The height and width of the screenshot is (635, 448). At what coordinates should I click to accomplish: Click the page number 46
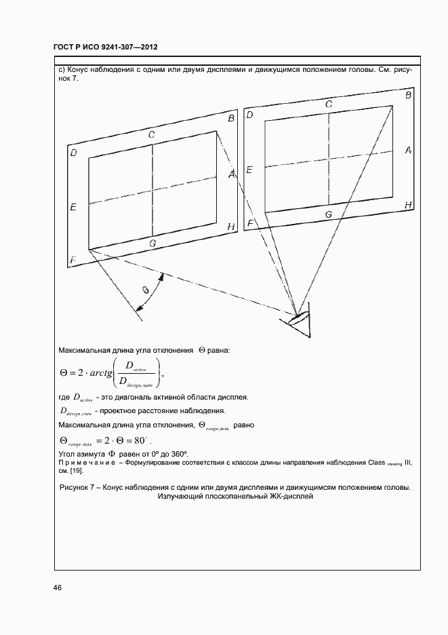pyautogui.click(x=58, y=588)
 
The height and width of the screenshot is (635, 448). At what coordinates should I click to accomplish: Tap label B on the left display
pyautogui.click(x=231, y=119)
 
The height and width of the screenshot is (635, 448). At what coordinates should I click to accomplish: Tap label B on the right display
pyautogui.click(x=408, y=96)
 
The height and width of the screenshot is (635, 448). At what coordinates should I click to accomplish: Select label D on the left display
pyautogui.click(x=73, y=153)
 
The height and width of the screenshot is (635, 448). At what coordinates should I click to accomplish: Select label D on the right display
pyautogui.click(x=249, y=115)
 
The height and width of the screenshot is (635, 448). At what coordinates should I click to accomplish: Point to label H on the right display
pyautogui.click(x=408, y=204)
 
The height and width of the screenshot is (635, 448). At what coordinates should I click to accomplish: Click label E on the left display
pyautogui.click(x=73, y=206)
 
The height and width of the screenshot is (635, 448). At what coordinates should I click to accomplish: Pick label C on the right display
pyautogui.click(x=328, y=104)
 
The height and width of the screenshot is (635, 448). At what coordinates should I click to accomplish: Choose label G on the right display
pyautogui.click(x=328, y=214)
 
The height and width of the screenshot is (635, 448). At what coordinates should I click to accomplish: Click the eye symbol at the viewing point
pyautogui.click(x=296, y=316)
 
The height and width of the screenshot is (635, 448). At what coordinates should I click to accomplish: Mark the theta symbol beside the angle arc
pyautogui.click(x=145, y=290)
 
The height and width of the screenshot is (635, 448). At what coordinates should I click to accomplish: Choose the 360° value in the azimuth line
pyautogui.click(x=178, y=453)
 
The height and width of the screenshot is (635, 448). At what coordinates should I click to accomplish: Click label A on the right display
pyautogui.click(x=408, y=150)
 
